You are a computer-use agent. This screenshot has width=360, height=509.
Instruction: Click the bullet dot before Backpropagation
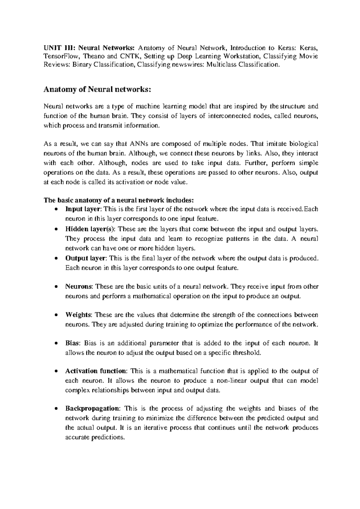point(56,409)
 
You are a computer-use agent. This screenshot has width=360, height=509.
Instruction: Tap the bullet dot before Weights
point(56,315)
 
